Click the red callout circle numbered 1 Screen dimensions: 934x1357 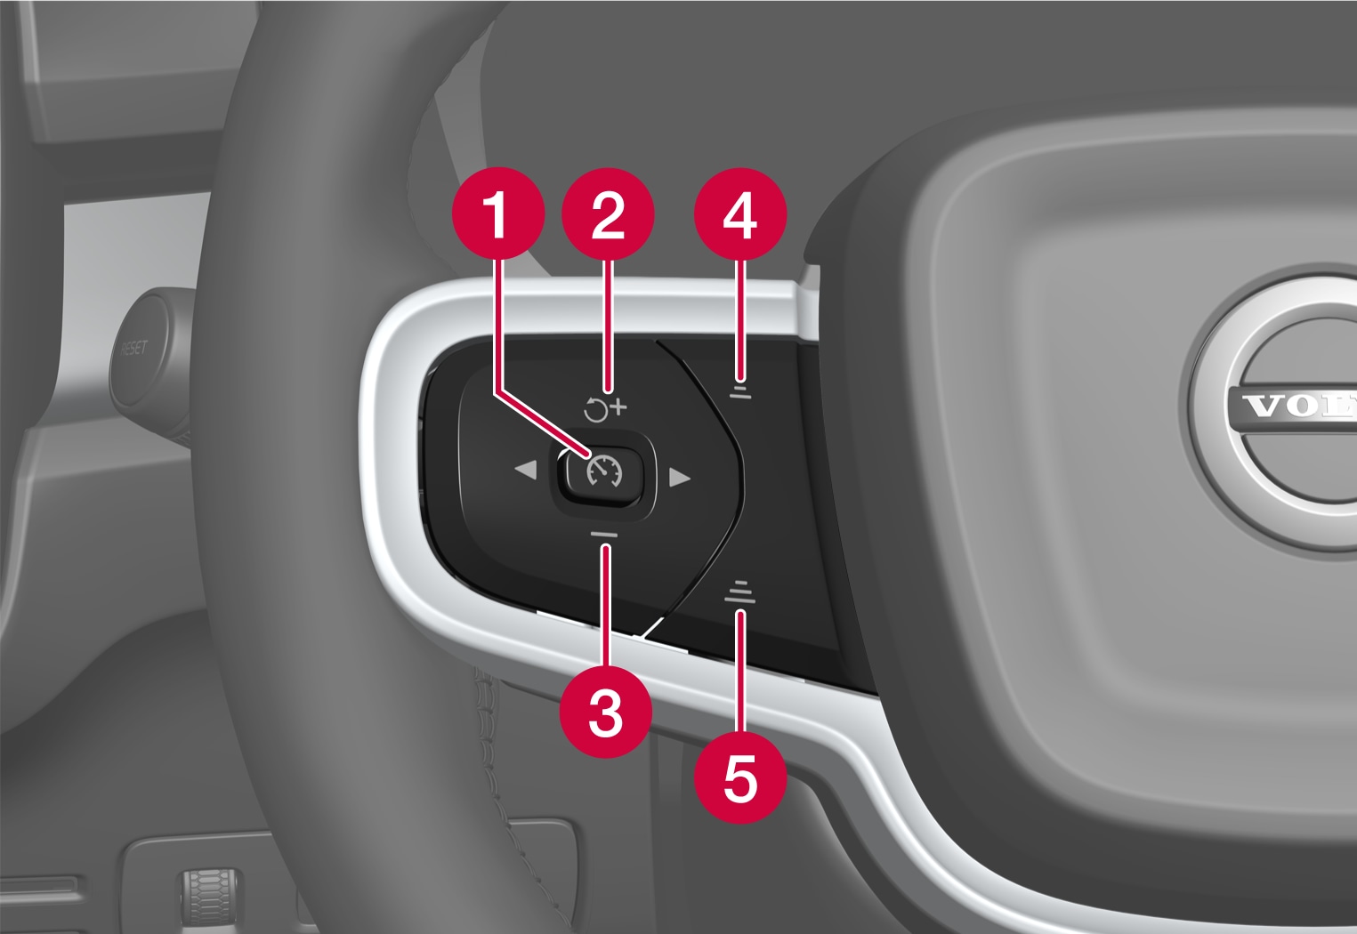click(497, 214)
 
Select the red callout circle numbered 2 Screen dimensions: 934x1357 click(609, 214)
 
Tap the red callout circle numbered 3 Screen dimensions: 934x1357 click(606, 712)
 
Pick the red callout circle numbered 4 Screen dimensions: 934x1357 click(741, 214)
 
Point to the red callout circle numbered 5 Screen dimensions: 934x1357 click(740, 777)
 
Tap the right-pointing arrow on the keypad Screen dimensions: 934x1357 click(680, 478)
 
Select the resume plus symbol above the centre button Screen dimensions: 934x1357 click(605, 409)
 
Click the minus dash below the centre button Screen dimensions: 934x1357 click(603, 533)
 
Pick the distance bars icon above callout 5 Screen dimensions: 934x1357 click(739, 592)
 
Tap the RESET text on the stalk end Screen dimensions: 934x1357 click(133, 348)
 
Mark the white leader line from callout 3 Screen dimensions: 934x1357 click(606, 605)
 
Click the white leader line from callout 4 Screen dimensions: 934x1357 click(741, 311)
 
